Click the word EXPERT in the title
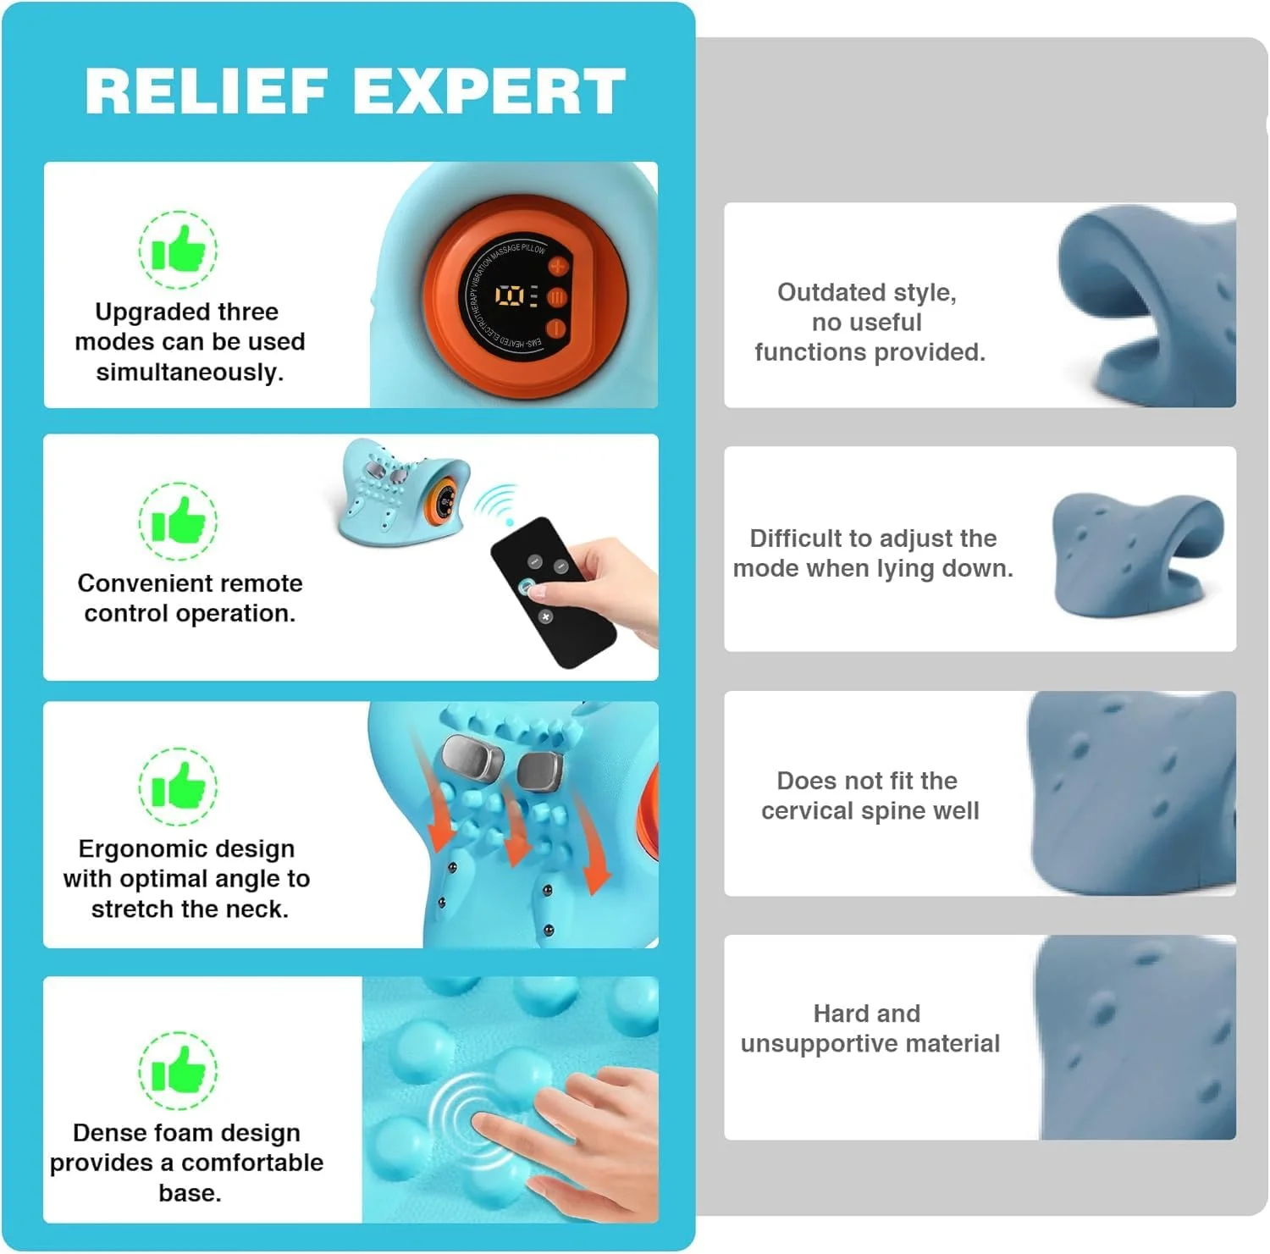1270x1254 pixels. tap(489, 91)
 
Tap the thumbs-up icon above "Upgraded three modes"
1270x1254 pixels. tap(178, 251)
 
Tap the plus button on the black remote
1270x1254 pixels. tap(546, 616)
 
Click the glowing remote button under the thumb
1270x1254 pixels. tap(527, 587)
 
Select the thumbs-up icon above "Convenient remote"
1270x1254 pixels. tap(178, 522)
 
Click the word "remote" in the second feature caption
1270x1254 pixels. tap(260, 583)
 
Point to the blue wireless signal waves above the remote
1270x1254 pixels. tap(494, 502)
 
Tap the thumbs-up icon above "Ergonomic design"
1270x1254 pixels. tap(178, 787)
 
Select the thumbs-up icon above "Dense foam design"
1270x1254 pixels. tap(178, 1070)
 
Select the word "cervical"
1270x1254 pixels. tap(808, 811)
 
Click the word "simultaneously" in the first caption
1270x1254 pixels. tap(190, 373)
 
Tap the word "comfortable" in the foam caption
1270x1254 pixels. tap(251, 1163)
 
